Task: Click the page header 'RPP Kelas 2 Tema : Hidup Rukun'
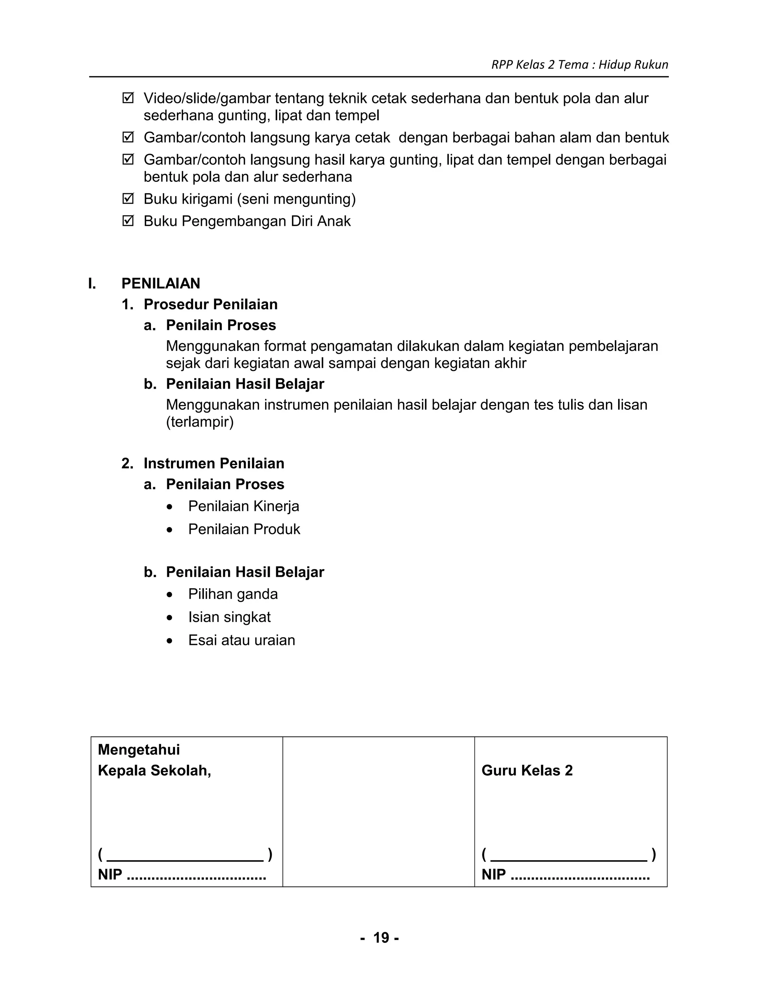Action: (x=579, y=65)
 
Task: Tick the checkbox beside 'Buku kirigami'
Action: (x=128, y=198)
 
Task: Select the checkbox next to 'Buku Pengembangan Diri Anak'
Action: (x=128, y=221)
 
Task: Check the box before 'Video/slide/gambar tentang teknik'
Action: (x=128, y=98)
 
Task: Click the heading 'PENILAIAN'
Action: (x=161, y=284)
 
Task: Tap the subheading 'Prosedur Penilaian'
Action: (x=210, y=305)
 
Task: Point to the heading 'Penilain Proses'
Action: (x=221, y=325)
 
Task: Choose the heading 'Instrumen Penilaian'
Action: (x=214, y=463)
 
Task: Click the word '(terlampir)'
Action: (x=200, y=422)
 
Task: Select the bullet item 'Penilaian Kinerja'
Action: (x=244, y=506)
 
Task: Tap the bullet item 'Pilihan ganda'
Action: (x=232, y=594)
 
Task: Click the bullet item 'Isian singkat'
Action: (x=229, y=617)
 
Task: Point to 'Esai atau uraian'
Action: (x=242, y=640)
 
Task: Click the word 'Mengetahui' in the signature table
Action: (x=139, y=750)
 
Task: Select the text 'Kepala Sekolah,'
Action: (x=154, y=771)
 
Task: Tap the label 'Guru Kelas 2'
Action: (x=527, y=771)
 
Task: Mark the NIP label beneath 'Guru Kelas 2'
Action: (x=493, y=874)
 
